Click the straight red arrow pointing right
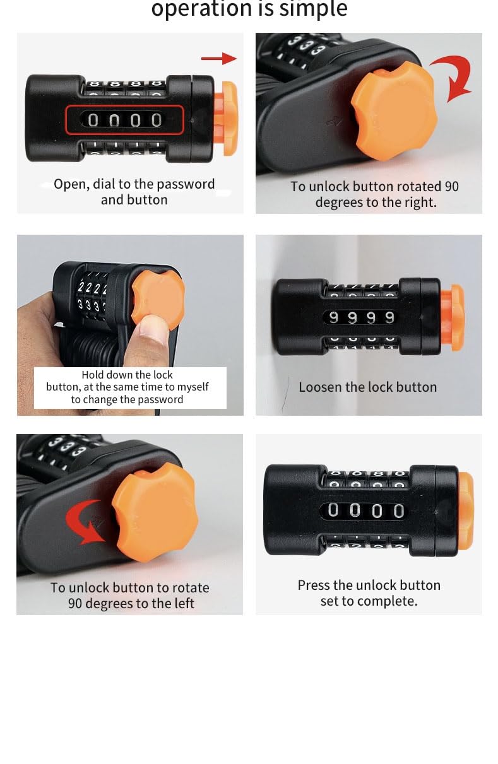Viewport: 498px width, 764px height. (x=219, y=59)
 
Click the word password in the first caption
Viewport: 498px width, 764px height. (x=183, y=184)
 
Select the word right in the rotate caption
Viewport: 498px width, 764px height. (x=417, y=203)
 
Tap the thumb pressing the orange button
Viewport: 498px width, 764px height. (x=152, y=332)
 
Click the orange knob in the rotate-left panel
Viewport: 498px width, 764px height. (x=155, y=511)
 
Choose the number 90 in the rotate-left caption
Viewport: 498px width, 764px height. (x=75, y=604)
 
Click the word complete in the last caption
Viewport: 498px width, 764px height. (x=391, y=601)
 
